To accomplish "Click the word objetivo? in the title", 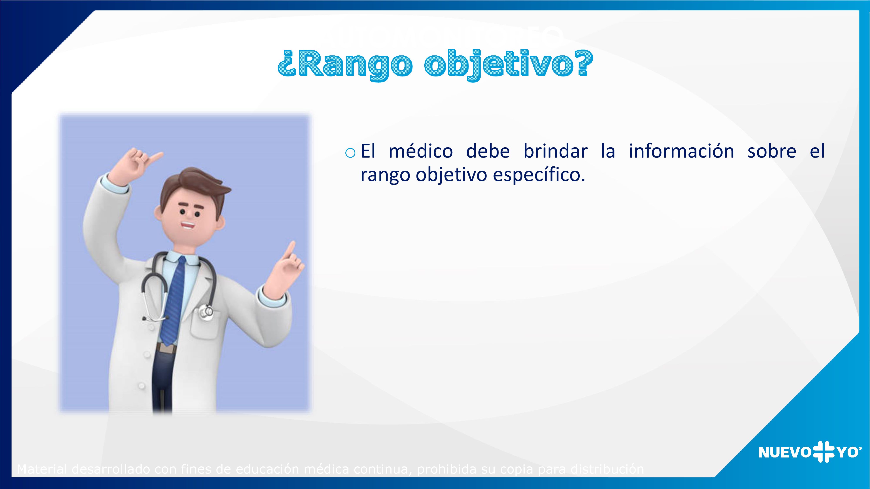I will pyautogui.click(x=508, y=64).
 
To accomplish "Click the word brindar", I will pyautogui.click(x=555, y=151).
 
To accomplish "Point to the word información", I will pyautogui.click(x=681, y=151).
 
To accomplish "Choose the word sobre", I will pyautogui.click(x=772, y=151).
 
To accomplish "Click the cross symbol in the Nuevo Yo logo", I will pyautogui.click(x=824, y=452).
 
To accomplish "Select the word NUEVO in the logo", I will pyautogui.click(x=785, y=452).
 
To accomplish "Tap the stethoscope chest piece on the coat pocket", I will pyautogui.click(x=206, y=311).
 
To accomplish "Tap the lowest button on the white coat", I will pyautogui.click(x=142, y=385).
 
